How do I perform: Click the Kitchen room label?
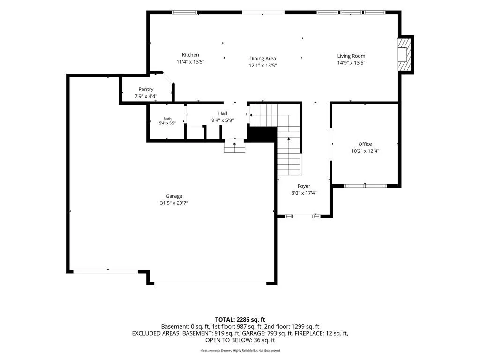pyautogui.click(x=190, y=55)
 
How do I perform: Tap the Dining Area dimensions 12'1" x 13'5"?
pyautogui.click(x=262, y=65)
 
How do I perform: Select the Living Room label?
pyautogui.click(x=351, y=56)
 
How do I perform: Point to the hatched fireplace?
pyautogui.click(x=404, y=54)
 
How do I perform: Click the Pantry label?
pyautogui.click(x=146, y=89)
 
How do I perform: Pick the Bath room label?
pyautogui.click(x=167, y=119)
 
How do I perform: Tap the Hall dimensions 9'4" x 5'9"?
pyautogui.click(x=223, y=120)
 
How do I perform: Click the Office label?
pyautogui.click(x=365, y=144)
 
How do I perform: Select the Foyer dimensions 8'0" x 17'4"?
pyautogui.click(x=304, y=193)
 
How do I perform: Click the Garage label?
pyautogui.click(x=174, y=196)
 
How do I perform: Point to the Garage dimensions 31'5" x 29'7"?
pyautogui.click(x=174, y=203)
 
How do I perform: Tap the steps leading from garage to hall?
pyautogui.click(x=235, y=146)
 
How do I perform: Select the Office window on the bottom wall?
pyautogui.click(x=365, y=186)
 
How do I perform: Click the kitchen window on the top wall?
pyautogui.click(x=184, y=12)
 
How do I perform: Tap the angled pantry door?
pyautogui.click(x=168, y=78)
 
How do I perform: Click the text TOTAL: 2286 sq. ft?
pyautogui.click(x=240, y=320)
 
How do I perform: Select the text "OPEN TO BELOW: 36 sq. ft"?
pyautogui.click(x=240, y=340)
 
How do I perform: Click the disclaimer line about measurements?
pyautogui.click(x=240, y=350)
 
